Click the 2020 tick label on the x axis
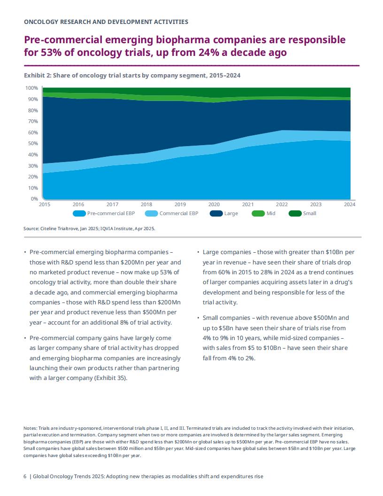[x=214, y=204]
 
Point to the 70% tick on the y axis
[x=33, y=122]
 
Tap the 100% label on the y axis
[x=31, y=88]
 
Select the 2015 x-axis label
[x=45, y=204]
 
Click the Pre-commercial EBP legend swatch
[x=79, y=214]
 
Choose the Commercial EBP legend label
[x=179, y=214]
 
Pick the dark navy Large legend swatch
[x=216, y=214]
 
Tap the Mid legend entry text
[x=271, y=214]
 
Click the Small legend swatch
[x=295, y=214]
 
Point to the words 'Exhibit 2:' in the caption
[x=38, y=76]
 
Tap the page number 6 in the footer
[x=25, y=476]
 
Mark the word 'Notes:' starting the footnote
[x=31, y=428]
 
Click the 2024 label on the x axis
[x=350, y=204]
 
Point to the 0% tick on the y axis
[x=34, y=199]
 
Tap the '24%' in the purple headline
[x=209, y=52]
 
